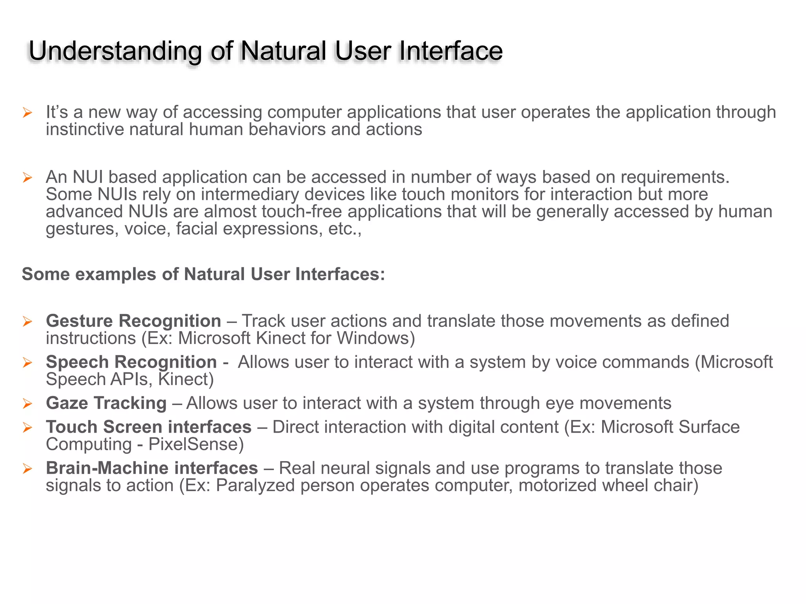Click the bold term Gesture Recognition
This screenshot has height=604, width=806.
pos(133,321)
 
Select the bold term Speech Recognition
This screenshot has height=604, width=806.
pos(131,362)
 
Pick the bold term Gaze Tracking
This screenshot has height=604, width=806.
pos(106,403)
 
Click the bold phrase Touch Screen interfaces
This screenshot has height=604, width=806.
pos(149,427)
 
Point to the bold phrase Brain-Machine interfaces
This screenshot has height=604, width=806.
pos(152,468)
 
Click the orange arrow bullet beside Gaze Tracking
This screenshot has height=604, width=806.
pos(27,403)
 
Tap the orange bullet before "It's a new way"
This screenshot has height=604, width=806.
pos(27,113)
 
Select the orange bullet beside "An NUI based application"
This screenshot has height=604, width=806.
pos(27,178)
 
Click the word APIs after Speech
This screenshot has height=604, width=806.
pos(131,379)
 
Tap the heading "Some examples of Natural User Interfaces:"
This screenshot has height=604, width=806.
pos(203,274)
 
